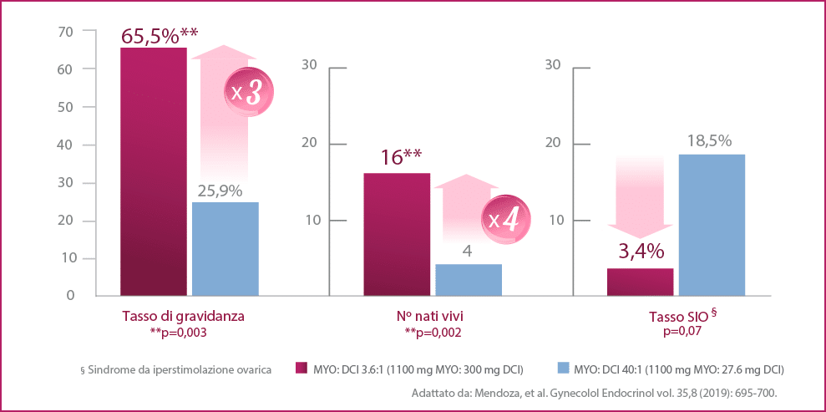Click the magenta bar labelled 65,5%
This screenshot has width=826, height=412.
coord(154,171)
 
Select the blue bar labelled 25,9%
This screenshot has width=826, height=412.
coord(226,248)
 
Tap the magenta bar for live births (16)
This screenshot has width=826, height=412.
coord(397,234)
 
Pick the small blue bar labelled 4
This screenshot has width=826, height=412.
coord(469,279)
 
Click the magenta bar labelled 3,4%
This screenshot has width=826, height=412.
coord(640,282)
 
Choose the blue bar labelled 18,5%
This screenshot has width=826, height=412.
coord(712,224)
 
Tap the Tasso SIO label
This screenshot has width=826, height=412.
coord(677,318)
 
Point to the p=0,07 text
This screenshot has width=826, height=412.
coord(677,332)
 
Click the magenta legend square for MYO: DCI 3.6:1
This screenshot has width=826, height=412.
coord(302,369)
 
